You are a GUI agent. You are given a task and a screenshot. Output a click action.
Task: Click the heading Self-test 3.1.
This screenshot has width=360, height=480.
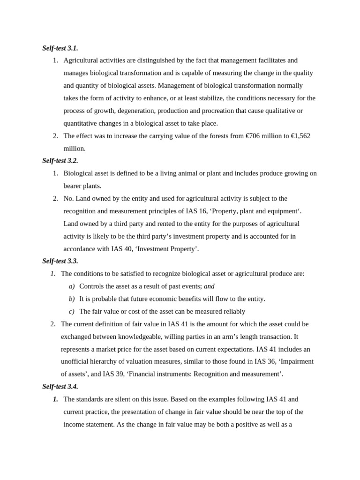pyautogui.click(x=60, y=48)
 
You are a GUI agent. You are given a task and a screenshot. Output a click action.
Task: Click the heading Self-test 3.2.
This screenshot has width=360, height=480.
pyautogui.click(x=60, y=161)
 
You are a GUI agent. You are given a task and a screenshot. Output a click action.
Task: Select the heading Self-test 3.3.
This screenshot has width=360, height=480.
pyautogui.click(x=60, y=261)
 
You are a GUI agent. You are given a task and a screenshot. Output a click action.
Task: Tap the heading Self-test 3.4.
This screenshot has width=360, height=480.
pyautogui.click(x=60, y=387)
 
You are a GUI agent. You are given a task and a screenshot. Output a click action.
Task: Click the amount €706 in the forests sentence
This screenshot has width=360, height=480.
pyautogui.click(x=253, y=136)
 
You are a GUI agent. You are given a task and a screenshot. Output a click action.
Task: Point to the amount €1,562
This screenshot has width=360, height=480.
pyautogui.click(x=300, y=136)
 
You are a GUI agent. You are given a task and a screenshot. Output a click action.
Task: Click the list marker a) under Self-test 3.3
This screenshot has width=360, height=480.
pyautogui.click(x=71, y=286)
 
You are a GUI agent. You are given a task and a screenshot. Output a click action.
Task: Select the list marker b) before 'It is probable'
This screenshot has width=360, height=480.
pyautogui.click(x=71, y=299)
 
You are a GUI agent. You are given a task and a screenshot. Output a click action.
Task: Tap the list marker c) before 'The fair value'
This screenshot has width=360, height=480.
pyautogui.click(x=71, y=312)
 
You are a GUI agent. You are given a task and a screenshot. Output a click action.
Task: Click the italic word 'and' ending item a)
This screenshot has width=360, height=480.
pyautogui.click(x=209, y=286)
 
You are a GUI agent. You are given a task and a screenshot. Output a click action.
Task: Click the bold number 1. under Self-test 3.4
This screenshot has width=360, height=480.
pyautogui.click(x=55, y=399)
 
